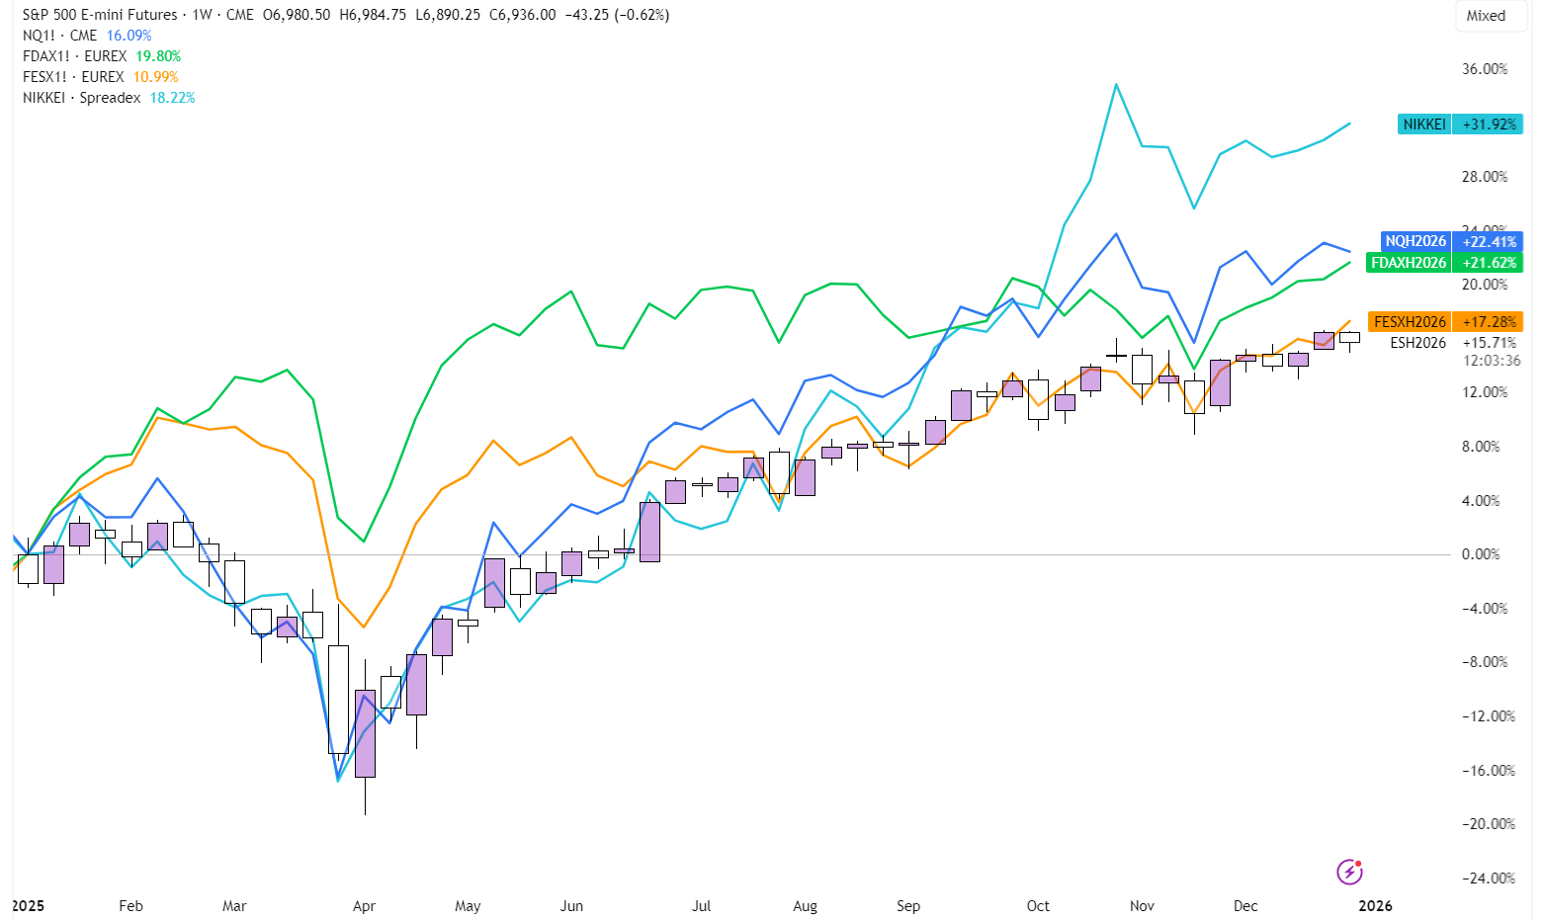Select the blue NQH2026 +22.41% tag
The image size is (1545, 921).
coord(1451,241)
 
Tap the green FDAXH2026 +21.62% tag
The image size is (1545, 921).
coord(1444,263)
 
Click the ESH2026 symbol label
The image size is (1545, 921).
coord(1417,343)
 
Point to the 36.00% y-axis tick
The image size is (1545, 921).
coord(1485,69)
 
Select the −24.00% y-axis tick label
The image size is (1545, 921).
coord(1488,879)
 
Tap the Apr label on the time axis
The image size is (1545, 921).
coord(364,906)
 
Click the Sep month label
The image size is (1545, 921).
coord(908,906)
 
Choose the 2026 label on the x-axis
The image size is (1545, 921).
coord(1375,906)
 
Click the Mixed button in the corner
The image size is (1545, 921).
coord(1486,16)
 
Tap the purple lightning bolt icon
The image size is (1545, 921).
coord(1349,872)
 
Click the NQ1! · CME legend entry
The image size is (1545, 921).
coord(60,36)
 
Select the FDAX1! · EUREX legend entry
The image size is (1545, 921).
coord(74,56)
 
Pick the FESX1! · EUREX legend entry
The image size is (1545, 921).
coord(73,77)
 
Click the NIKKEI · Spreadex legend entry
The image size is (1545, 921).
coord(82,98)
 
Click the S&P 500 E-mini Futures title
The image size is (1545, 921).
coord(100,15)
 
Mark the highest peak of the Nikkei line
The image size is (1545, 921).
coord(1116,85)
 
